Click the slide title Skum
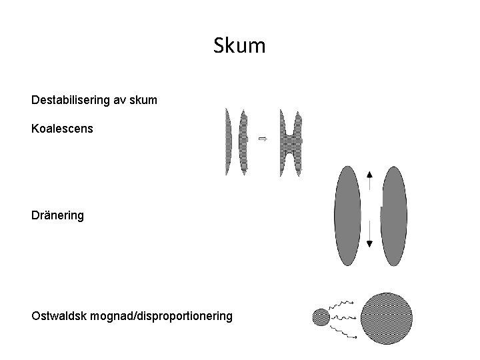point(240,46)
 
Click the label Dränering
point(57,215)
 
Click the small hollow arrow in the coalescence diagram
point(262,139)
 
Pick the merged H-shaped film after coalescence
point(291,141)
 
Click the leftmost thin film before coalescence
point(229,141)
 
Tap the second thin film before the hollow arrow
point(243,141)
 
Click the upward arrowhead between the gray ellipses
point(370,175)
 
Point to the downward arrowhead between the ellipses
point(370,243)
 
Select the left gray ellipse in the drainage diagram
point(347,215)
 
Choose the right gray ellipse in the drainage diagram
point(393,215)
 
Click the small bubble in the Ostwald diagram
point(321,316)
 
